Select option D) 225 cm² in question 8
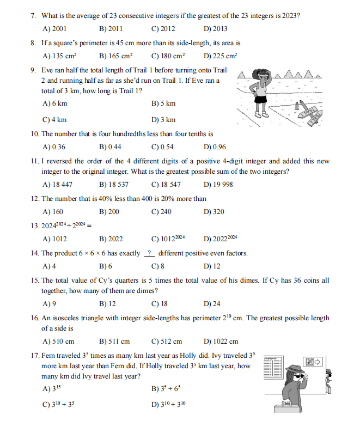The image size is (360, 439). (x=220, y=56)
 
